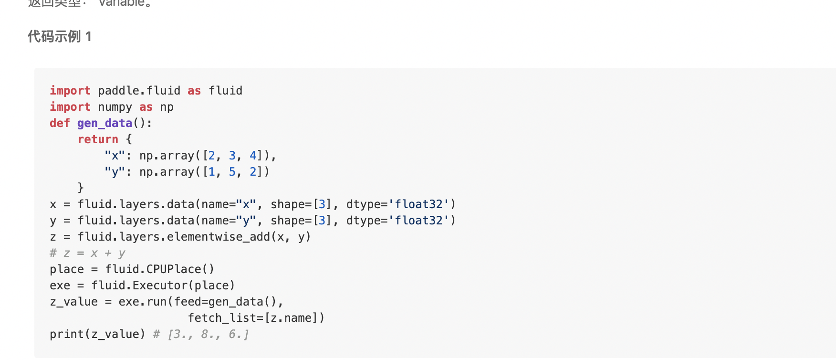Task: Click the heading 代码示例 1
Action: [x=60, y=37]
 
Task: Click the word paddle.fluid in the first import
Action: [x=139, y=91]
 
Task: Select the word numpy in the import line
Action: [x=115, y=107]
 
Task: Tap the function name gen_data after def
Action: [x=104, y=123]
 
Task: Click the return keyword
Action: [x=98, y=139]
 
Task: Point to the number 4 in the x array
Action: [x=253, y=156]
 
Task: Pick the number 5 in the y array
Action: [x=232, y=172]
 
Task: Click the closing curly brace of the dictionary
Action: [x=81, y=188]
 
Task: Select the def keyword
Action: [x=60, y=123]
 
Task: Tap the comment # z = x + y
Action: [x=87, y=253]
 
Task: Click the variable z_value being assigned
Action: [x=73, y=302]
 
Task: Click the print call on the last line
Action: [x=66, y=334]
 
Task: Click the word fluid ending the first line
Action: [x=225, y=91]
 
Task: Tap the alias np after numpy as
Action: [x=167, y=107]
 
